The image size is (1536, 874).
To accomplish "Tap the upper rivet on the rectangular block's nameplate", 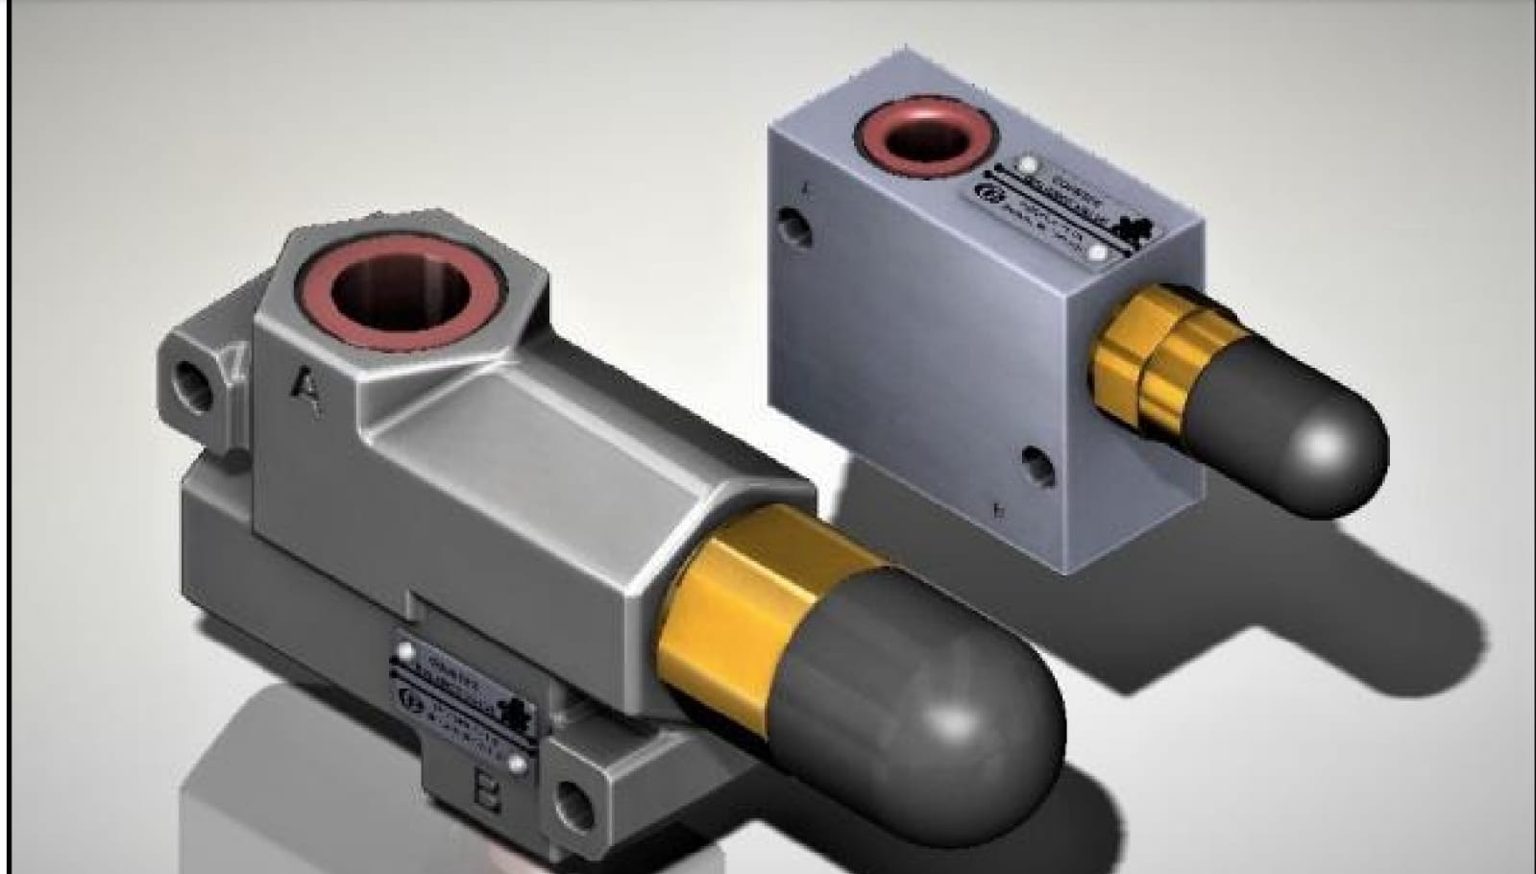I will click(x=1026, y=164).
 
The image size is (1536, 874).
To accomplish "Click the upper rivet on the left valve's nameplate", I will click(x=405, y=652).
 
